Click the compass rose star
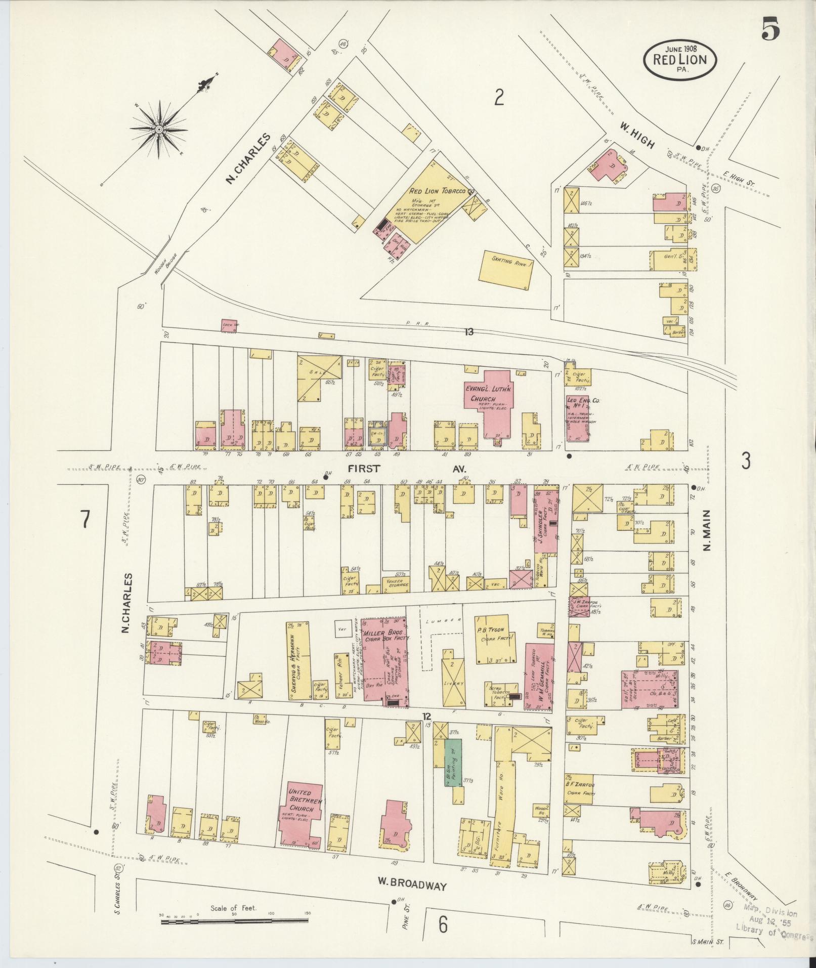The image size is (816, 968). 159,130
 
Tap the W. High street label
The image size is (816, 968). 636,137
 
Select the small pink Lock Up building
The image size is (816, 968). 229,326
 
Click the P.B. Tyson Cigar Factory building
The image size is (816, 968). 493,639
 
